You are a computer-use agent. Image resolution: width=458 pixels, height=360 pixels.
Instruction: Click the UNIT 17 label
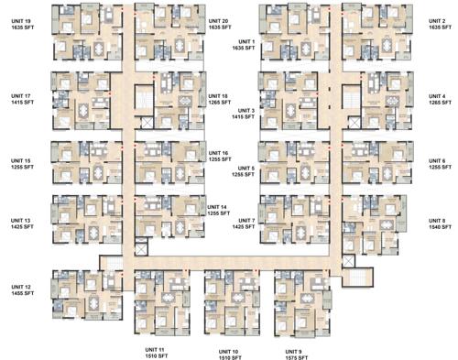pos(21,95)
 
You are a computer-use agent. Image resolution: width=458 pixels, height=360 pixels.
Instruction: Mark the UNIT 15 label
pos(21,160)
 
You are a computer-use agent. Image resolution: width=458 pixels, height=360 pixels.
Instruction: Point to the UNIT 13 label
pos(21,220)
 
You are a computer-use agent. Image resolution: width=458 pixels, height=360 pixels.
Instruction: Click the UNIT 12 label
pos(21,288)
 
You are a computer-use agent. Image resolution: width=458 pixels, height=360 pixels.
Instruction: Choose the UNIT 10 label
pos(228,350)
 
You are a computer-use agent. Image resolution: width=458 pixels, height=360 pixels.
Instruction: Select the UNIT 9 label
pos(293,350)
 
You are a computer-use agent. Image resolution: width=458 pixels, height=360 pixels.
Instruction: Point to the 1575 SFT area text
pos(293,356)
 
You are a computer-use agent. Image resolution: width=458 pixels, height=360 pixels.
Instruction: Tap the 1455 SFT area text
pos(21,294)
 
